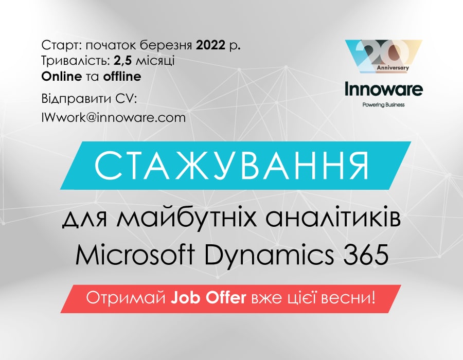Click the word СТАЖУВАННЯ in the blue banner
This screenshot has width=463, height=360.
pos(232,166)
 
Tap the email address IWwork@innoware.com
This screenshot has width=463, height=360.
pos(114,117)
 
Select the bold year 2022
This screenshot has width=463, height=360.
pos(211,45)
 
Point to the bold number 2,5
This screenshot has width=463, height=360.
pos(123,61)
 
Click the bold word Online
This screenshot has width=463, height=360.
pos(62,77)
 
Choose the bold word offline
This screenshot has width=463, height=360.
pos(122,77)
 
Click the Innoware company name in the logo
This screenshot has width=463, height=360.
pos(384,89)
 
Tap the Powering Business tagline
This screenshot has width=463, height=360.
pos(384,105)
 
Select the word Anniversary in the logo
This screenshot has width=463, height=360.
pos(393,68)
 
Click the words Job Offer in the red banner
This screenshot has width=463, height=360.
pos(208,298)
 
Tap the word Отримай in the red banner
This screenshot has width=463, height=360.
pos(126,299)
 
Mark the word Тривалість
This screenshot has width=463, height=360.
pos(76,61)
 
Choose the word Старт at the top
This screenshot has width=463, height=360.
pos(61,45)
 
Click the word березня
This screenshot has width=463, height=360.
pos(166,45)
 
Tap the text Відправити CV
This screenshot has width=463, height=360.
pos(89,99)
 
